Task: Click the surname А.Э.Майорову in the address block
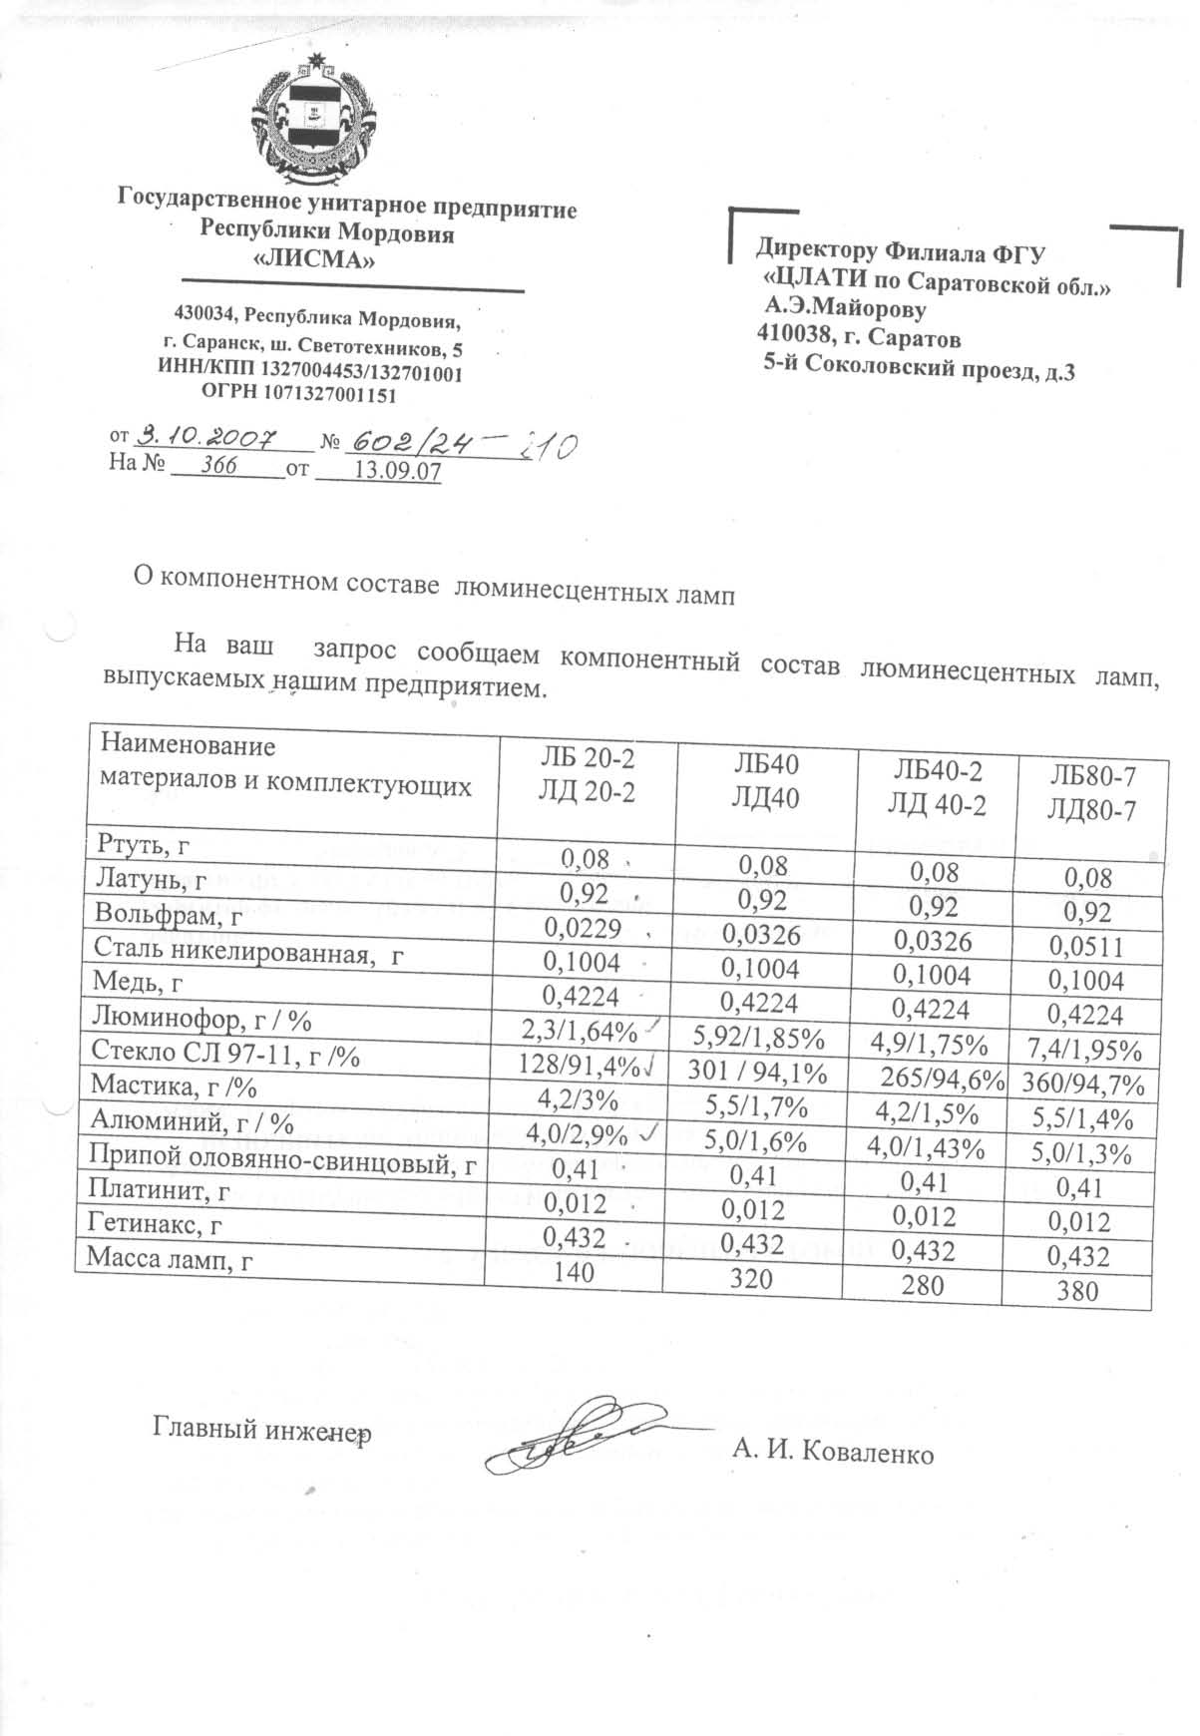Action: [x=845, y=309]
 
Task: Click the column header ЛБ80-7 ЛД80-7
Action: [x=1091, y=792]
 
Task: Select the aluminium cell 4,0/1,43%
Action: [x=926, y=1147]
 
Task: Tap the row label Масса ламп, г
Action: [x=171, y=1260]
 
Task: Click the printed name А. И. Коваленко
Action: [x=833, y=1452]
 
